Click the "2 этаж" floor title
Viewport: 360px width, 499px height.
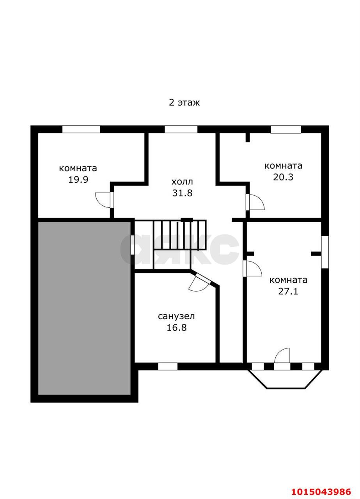coord(184,103)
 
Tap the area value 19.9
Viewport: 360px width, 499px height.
coord(78,180)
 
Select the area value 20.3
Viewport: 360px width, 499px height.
coord(283,177)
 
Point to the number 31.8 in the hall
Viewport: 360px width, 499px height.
coord(182,193)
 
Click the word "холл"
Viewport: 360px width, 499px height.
coord(182,182)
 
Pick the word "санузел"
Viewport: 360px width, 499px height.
coord(176,316)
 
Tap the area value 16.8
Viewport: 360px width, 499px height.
coord(177,327)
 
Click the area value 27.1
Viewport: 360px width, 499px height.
coord(288,291)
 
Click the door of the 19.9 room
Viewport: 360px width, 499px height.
coord(104,200)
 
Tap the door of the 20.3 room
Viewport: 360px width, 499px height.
coord(255,202)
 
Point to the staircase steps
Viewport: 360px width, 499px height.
coord(180,235)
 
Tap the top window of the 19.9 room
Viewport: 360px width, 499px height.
coord(81,129)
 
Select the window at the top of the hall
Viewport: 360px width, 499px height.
coord(181,129)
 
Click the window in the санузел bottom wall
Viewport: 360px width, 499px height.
coord(168,366)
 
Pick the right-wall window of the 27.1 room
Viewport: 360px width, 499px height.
coord(325,252)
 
